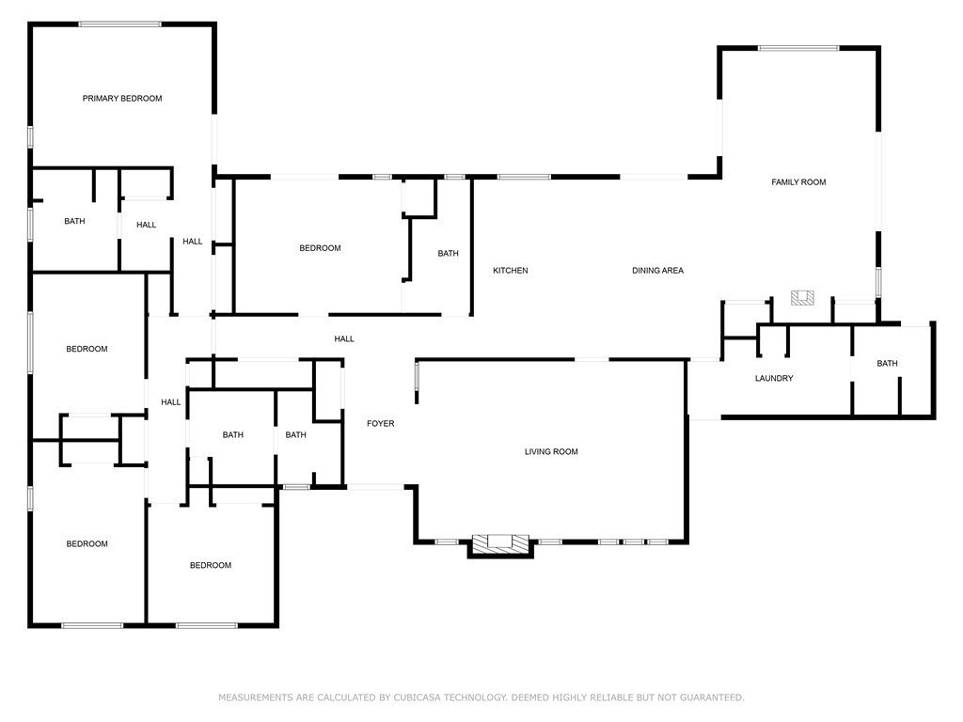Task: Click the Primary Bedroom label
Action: tap(122, 99)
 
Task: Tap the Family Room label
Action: tap(798, 182)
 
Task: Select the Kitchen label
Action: tap(511, 271)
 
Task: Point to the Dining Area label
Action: tap(657, 271)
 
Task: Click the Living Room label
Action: tap(551, 452)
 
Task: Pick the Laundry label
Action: tap(774, 379)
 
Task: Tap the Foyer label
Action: tap(380, 424)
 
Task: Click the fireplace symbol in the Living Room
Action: tap(499, 542)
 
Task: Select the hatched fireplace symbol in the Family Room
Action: tap(802, 298)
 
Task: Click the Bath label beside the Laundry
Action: tap(887, 364)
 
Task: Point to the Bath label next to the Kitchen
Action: tap(448, 254)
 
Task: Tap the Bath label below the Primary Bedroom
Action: tap(74, 222)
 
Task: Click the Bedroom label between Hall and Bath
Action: tap(320, 248)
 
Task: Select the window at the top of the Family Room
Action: tap(798, 48)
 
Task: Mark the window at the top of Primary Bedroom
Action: tap(119, 24)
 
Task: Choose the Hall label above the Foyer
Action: tap(344, 339)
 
